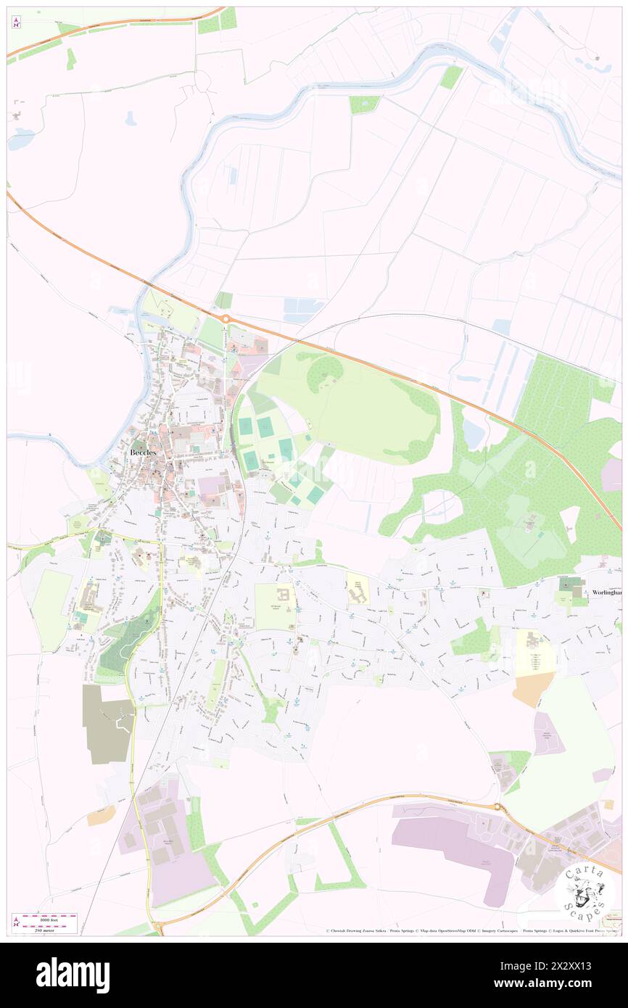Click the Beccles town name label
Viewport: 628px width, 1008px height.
pos(143,453)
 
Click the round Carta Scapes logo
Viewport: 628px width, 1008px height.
pos(584,891)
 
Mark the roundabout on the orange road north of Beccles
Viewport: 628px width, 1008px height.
pos(226,318)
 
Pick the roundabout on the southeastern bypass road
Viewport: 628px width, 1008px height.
pos(497,807)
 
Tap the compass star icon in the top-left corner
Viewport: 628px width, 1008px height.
pos(17,23)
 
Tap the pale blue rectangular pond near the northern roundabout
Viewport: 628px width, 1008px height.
pos(303,310)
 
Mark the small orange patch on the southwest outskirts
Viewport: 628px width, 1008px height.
pos(101,816)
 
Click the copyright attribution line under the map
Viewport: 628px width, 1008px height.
pos(435,930)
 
